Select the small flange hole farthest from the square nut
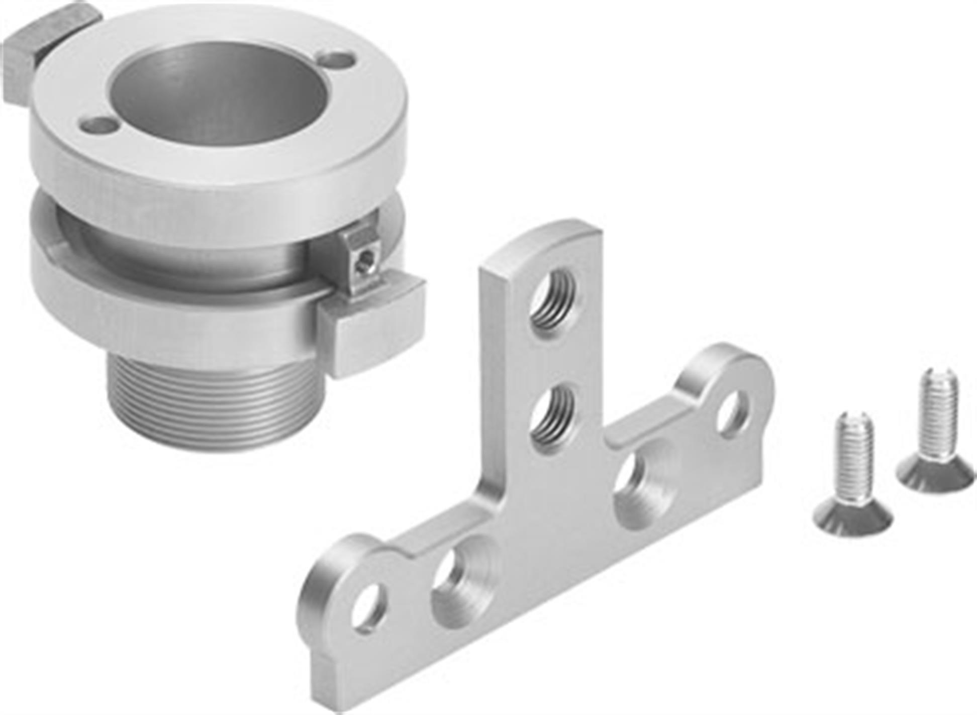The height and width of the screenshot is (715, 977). (x=337, y=62)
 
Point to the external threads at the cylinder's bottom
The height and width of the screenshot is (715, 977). (x=216, y=402)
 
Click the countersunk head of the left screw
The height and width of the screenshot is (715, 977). (x=852, y=518)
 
